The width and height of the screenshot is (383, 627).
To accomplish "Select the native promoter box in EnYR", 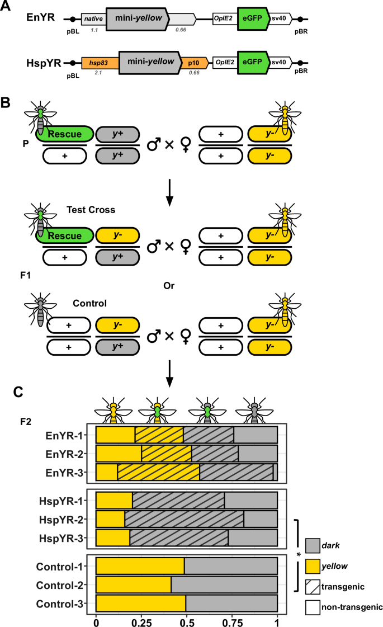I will [93, 19].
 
